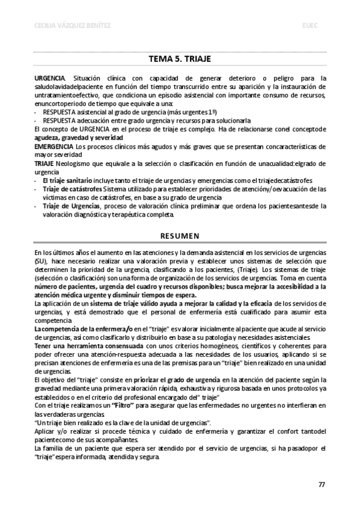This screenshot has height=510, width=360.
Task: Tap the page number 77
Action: pyautogui.click(x=322, y=483)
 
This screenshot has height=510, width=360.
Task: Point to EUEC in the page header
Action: pyautogui.click(x=311, y=25)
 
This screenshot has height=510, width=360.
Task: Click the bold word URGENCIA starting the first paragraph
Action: pyautogui.click(x=50, y=79)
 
